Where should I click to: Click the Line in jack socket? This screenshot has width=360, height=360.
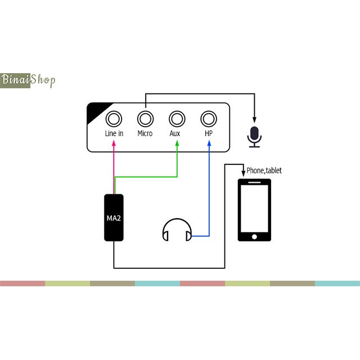pos(114,119)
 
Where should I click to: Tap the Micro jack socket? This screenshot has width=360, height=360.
pos(146,119)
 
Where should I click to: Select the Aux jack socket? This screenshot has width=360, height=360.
pos(177,119)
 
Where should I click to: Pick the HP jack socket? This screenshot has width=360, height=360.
pos(209,119)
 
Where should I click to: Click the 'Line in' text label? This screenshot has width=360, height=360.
pos(114,134)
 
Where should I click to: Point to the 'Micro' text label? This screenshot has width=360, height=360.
pos(145,134)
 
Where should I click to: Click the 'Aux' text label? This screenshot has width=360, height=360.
pos(175,134)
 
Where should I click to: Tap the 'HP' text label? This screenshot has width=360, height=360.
pos(209,134)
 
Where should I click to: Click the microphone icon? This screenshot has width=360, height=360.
pos(255,137)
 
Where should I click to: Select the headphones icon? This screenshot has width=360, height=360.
pos(177,229)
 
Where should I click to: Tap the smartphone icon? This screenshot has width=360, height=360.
pos(254,210)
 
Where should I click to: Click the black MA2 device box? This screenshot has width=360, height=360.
pos(114,218)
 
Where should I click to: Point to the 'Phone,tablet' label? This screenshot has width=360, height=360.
pos(264,170)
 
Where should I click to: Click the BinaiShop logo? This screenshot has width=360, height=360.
pos(28,80)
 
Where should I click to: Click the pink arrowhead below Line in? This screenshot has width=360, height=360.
pos(114,144)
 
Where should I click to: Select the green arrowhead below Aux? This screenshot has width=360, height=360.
pos(177,144)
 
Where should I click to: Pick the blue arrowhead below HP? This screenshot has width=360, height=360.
pos(209,144)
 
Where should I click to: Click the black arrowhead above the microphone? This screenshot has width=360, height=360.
pos(255,119)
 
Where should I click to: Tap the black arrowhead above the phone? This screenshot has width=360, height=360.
pos(243,171)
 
